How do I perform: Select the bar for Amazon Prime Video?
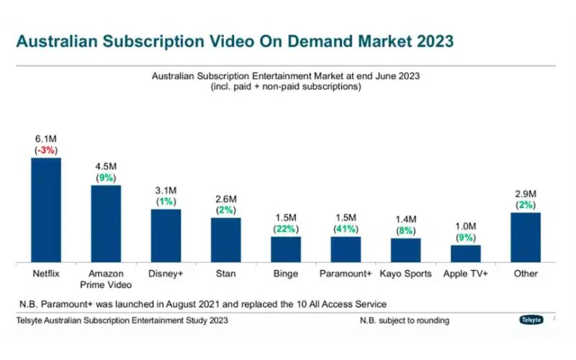pyautogui.click(x=106, y=222)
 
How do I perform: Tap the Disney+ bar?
pyautogui.click(x=166, y=235)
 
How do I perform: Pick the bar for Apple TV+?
pyautogui.click(x=466, y=253)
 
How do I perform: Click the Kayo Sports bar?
pyautogui.click(x=405, y=249)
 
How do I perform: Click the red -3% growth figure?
pyautogui.click(x=45, y=150)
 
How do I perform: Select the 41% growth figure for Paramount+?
pyautogui.click(x=346, y=229)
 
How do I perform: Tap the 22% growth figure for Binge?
pyautogui.click(x=286, y=229)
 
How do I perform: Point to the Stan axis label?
pyautogui.click(x=225, y=274)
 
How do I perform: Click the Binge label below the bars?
pyautogui.click(x=286, y=274)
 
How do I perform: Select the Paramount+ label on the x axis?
pyautogui.click(x=346, y=274)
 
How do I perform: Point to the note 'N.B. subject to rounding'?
pyautogui.click(x=405, y=320)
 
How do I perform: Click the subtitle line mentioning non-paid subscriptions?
pyautogui.click(x=285, y=86)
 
